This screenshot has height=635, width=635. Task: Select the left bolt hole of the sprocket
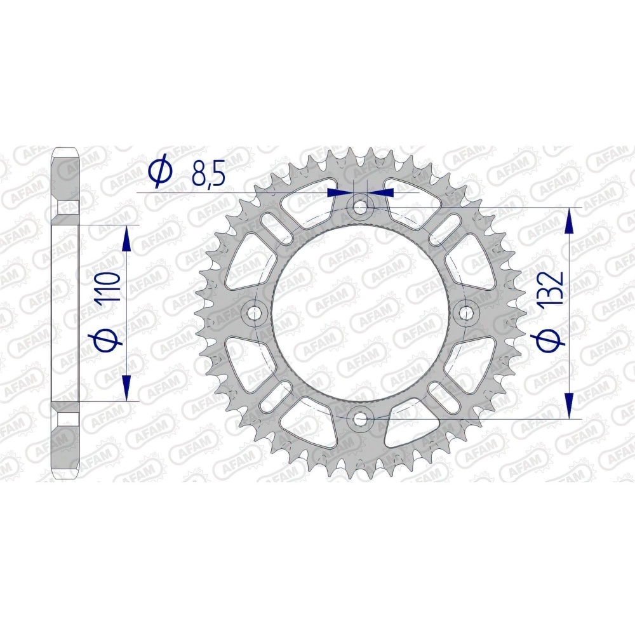[255, 313]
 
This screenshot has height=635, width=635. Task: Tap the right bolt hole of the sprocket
[465, 313]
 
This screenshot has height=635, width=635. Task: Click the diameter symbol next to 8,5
[161, 173]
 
